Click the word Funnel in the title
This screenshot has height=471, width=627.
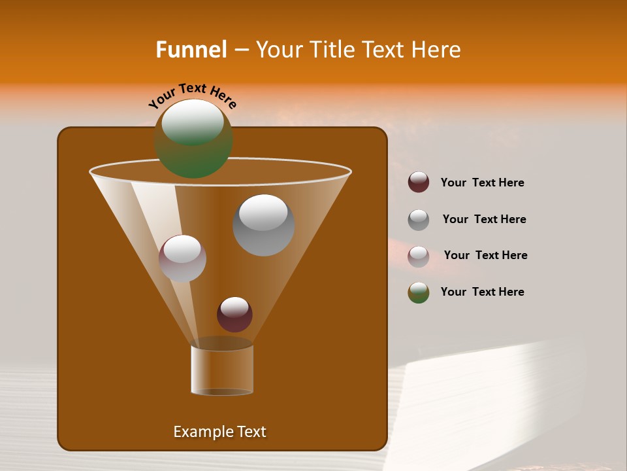click(191, 50)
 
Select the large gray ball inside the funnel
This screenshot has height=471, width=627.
click(263, 226)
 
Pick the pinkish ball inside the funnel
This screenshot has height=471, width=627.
click(182, 258)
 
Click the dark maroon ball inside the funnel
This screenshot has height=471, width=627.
click(234, 315)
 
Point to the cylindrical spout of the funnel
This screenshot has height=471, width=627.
click(222, 370)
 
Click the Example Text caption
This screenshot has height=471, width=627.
click(219, 432)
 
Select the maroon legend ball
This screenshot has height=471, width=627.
click(419, 182)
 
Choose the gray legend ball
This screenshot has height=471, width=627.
click(419, 220)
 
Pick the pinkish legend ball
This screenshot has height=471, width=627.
click(419, 256)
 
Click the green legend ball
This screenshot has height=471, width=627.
click(419, 292)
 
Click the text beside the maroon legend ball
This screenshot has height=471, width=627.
click(482, 183)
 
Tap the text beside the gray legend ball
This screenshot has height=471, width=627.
click(484, 219)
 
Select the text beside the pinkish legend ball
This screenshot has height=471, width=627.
click(485, 255)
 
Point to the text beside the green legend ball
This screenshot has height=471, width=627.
click(482, 292)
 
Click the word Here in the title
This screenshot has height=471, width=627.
click(437, 50)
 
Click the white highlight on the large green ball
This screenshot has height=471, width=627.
click(193, 122)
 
